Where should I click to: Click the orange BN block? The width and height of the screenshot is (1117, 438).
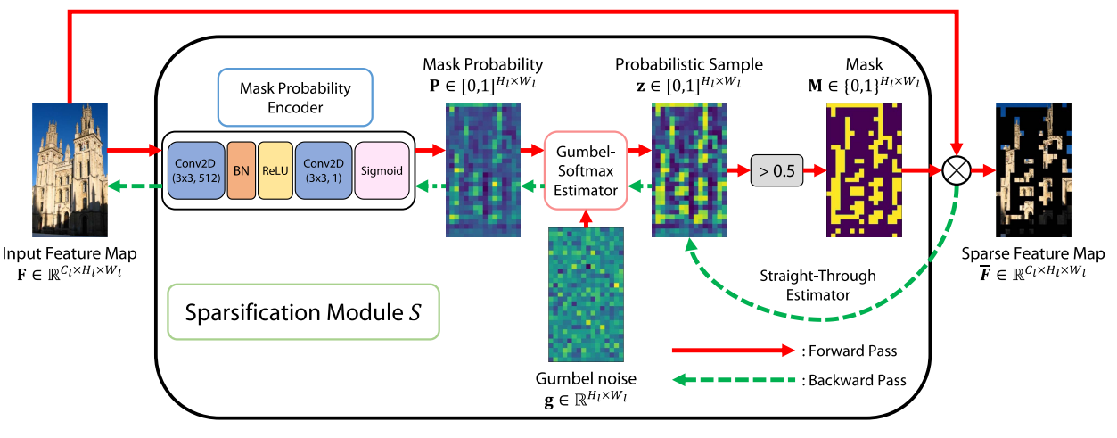click(x=241, y=169)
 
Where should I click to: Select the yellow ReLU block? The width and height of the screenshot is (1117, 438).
click(x=276, y=169)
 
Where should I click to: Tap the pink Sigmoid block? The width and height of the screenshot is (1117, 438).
click(x=382, y=169)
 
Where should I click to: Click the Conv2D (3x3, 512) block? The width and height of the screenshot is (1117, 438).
click(x=195, y=169)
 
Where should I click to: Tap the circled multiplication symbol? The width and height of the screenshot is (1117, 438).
click(x=957, y=169)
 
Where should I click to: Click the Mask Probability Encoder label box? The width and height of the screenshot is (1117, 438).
click(x=295, y=96)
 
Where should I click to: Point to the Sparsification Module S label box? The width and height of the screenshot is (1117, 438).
click(x=303, y=313)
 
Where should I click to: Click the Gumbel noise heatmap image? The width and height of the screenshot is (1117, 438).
click(x=586, y=295)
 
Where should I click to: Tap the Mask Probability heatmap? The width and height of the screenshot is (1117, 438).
click(x=482, y=169)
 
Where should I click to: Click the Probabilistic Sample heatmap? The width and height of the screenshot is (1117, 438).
click(x=689, y=169)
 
